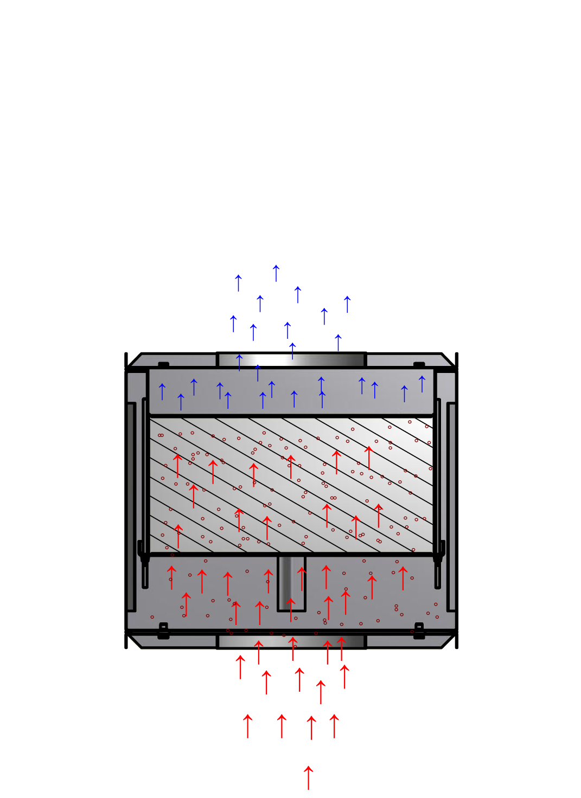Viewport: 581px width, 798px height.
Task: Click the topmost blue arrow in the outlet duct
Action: pyautogui.click(x=276, y=273)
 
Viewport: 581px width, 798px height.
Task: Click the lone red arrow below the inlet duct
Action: pyautogui.click(x=309, y=777)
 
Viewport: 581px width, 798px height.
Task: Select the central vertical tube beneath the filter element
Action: pyautogui.click(x=292, y=583)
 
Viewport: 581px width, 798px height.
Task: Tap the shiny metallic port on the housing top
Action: pyautogui.click(x=292, y=360)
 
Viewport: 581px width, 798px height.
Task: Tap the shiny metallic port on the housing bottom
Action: pyautogui.click(x=292, y=642)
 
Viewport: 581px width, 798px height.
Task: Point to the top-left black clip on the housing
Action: pyautogui.click(x=163, y=364)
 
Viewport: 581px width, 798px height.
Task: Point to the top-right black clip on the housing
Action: pyautogui.click(x=419, y=364)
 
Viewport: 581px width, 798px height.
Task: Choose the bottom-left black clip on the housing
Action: pyautogui.click(x=163, y=631)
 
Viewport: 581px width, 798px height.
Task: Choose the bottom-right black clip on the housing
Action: pyautogui.click(x=419, y=631)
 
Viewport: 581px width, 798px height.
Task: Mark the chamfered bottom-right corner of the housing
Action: pyautogui.click(x=449, y=642)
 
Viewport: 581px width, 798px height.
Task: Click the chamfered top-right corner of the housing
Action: pyautogui.click(x=449, y=360)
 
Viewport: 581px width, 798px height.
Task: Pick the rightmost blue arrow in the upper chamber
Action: pyautogui.click(x=422, y=384)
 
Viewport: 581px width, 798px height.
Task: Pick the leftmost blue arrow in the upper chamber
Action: pyautogui.click(x=162, y=391)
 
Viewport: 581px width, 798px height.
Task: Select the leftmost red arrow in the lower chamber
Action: pyautogui.click(x=171, y=577)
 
